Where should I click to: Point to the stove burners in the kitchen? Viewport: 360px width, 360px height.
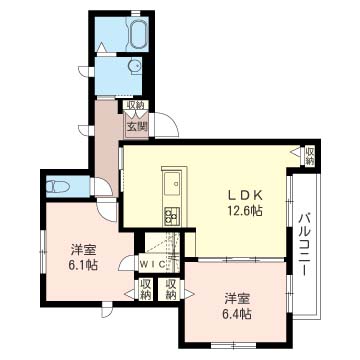tap(171, 214)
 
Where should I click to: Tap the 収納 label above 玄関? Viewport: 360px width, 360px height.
tap(135, 106)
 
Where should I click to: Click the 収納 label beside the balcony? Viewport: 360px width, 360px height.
tap(308, 156)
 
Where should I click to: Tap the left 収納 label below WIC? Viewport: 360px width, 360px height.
tap(146, 290)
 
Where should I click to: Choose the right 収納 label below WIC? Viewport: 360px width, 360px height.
tap(172, 290)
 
